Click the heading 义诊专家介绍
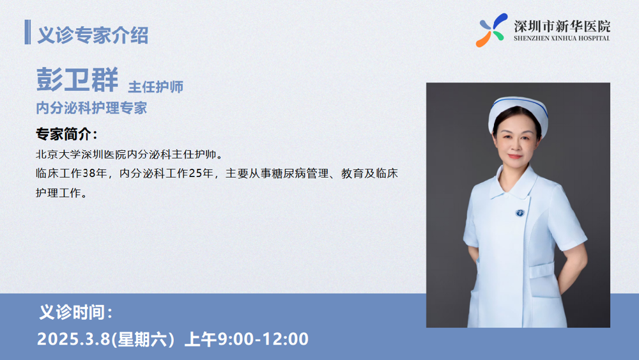tap(93, 35)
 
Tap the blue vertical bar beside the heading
tap(27, 32)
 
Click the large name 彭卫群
tap(77, 79)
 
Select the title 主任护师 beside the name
tap(156, 87)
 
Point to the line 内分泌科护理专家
tap(91, 108)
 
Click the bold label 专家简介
tap(66, 134)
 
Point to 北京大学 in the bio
tap(58, 155)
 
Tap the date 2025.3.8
tap(73, 339)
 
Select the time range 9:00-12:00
tap(263, 339)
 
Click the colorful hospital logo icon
tap(491, 30)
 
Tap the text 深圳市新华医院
tap(562, 26)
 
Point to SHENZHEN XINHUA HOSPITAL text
tap(562, 38)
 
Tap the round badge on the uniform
tap(520, 213)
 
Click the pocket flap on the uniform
tap(542, 270)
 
